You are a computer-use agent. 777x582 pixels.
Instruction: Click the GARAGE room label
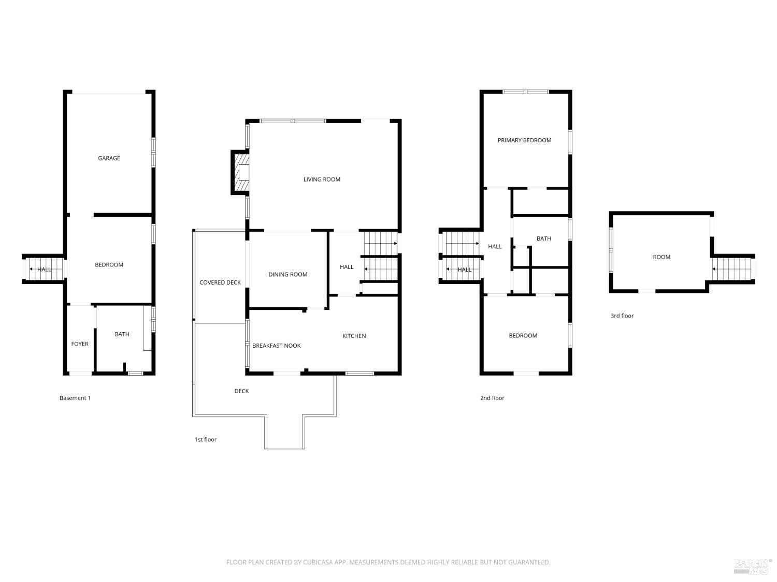(x=109, y=158)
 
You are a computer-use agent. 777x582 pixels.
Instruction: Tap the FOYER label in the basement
(x=80, y=344)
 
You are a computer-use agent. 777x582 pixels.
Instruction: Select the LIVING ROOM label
(x=322, y=180)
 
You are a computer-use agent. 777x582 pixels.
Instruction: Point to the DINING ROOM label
(x=287, y=275)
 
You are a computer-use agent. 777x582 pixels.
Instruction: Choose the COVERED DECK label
(x=220, y=282)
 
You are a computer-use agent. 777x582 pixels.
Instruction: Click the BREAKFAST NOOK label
(x=276, y=346)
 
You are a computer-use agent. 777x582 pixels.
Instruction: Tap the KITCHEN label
(x=354, y=336)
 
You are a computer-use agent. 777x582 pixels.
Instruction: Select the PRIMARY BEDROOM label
(x=524, y=140)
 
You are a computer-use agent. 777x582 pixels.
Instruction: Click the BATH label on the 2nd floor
(x=543, y=238)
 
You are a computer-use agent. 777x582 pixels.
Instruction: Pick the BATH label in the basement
(x=122, y=334)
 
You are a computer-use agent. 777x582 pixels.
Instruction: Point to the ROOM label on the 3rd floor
(x=661, y=257)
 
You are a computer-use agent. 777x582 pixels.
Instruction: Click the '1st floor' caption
(x=206, y=440)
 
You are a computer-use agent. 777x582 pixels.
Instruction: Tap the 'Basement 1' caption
(x=75, y=398)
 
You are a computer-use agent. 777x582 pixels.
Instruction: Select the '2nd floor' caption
(x=492, y=398)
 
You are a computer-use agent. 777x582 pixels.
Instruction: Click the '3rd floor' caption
(x=622, y=316)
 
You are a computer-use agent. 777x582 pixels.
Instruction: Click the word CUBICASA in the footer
(x=316, y=562)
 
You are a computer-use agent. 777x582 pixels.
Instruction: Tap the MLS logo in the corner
(x=753, y=566)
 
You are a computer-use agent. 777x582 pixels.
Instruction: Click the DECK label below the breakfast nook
(x=241, y=391)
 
